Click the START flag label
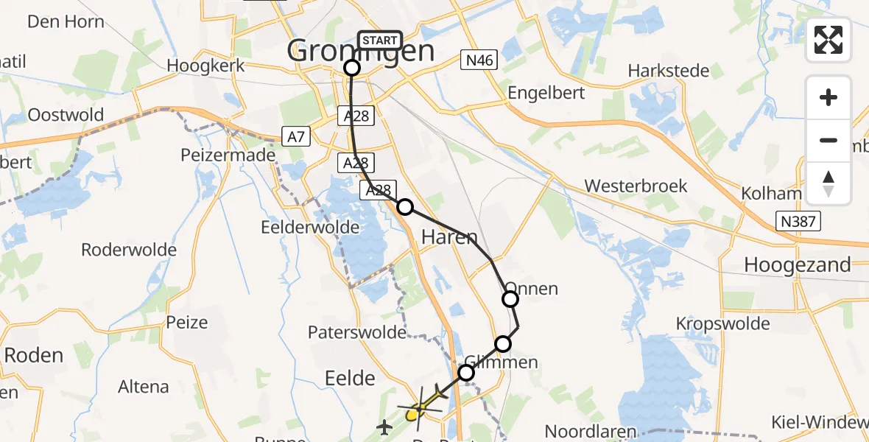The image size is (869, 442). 380,41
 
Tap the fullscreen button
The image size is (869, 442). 828,40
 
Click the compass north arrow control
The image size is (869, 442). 828,183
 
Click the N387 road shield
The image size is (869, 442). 798,221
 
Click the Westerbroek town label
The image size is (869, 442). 636,186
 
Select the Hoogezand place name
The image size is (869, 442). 797,264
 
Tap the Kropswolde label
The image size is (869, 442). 722,323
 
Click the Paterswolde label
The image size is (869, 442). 356,332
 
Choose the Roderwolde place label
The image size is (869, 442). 129,250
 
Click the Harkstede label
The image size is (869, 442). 669,71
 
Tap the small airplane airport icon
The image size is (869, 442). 384,427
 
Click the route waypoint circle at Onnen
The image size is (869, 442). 510,298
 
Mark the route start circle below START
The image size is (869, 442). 352,68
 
